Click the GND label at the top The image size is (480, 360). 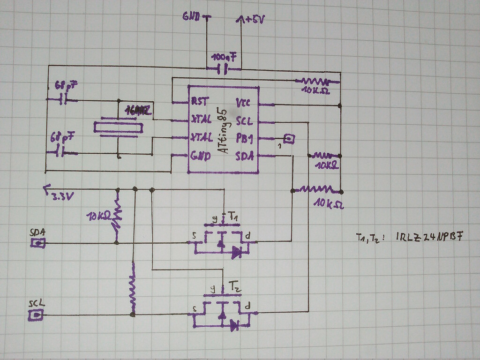point(192,17)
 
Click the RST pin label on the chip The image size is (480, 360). point(200,101)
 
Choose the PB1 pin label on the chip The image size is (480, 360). point(245,139)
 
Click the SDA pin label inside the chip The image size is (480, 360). point(244,156)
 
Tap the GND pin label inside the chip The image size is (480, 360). point(201,156)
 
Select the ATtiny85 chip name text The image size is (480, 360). point(225,131)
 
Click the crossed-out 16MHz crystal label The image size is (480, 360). point(138,111)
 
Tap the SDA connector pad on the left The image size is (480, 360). point(38,243)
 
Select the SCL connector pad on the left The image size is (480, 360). point(36,315)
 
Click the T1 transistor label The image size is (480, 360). point(234,217)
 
